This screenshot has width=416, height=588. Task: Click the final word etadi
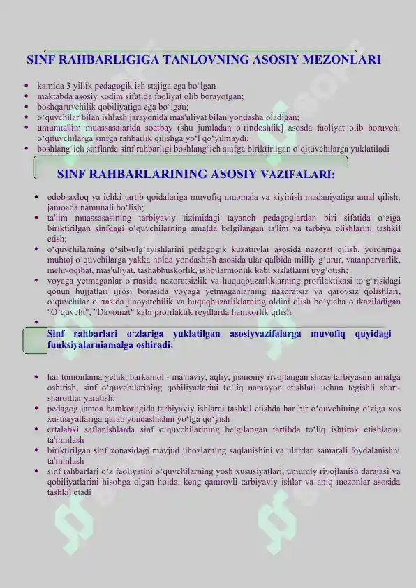[x=83, y=492]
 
